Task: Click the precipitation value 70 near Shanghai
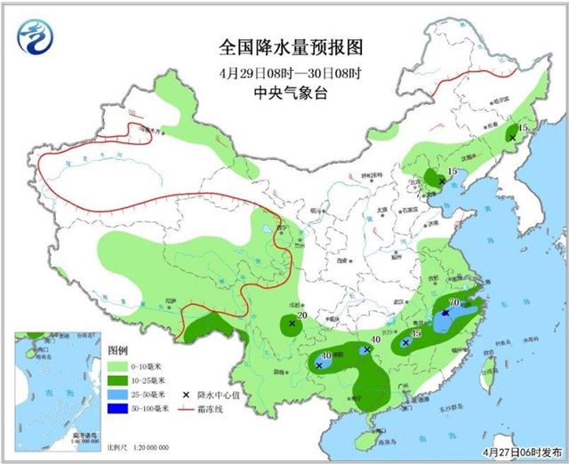click(x=454, y=303)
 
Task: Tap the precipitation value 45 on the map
click(x=415, y=332)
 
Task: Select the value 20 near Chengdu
click(x=301, y=316)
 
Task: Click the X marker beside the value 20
click(x=292, y=324)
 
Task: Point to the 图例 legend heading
click(x=120, y=350)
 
